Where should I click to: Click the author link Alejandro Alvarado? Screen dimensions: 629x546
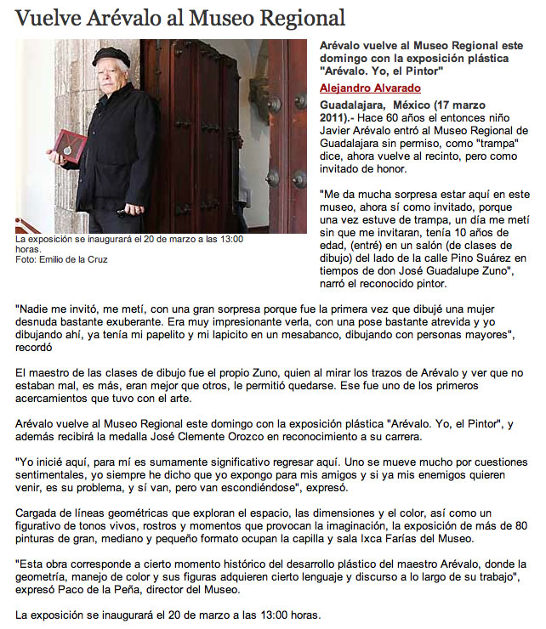tap(370, 88)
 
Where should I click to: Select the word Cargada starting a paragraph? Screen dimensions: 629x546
tap(38, 513)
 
